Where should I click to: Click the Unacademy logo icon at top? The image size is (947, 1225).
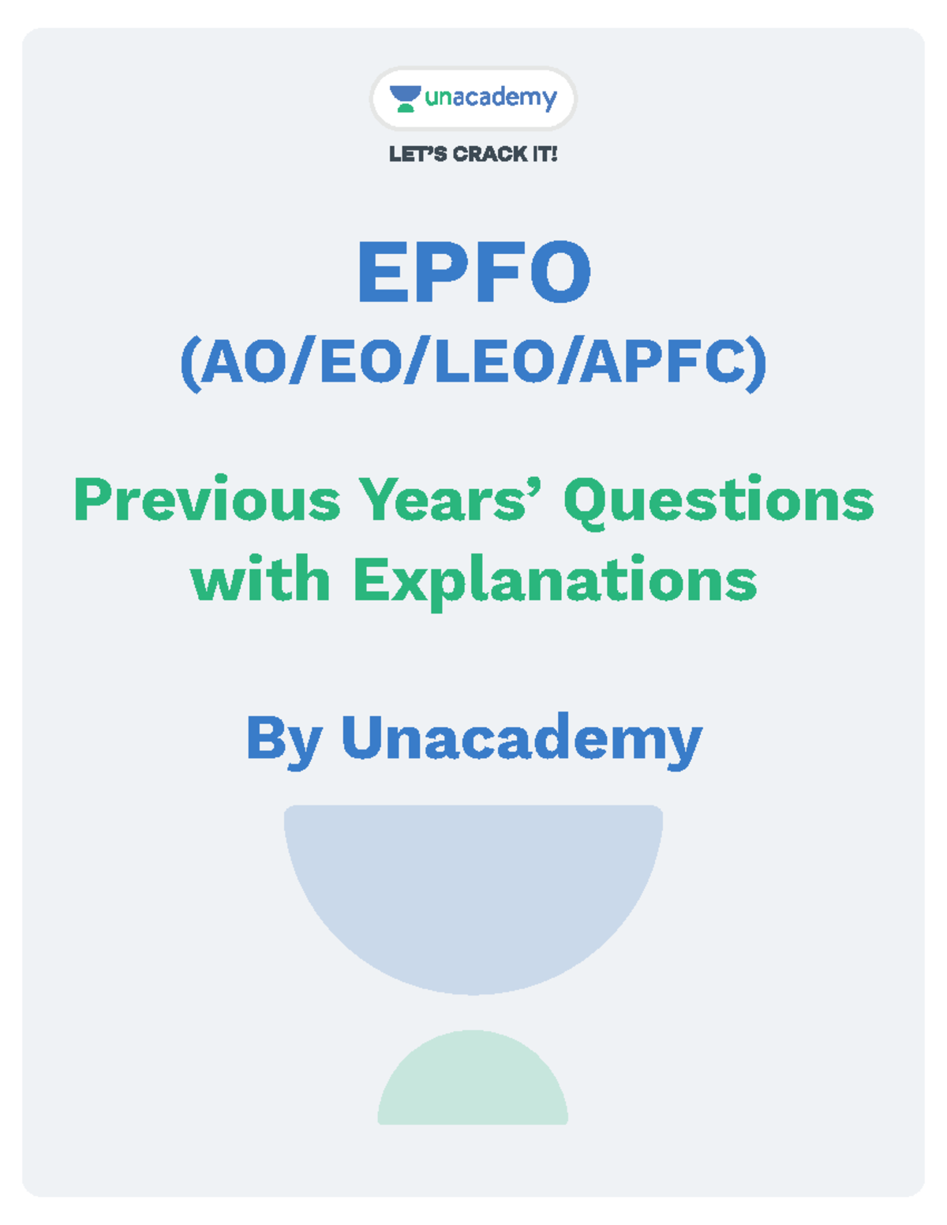point(406,99)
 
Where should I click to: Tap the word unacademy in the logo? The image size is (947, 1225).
point(491,98)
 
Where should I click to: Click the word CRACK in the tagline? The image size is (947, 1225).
point(490,154)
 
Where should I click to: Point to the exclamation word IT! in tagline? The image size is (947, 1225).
point(545,154)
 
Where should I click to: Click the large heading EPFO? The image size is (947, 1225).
point(473,273)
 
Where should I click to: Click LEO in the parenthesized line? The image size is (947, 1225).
point(494,362)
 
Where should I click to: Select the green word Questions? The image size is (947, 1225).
point(718,502)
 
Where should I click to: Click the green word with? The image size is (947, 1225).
point(260,581)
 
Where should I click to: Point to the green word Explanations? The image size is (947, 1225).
point(555,582)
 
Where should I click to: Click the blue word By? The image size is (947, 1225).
point(284,739)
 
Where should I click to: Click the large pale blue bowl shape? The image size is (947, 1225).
point(473,891)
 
